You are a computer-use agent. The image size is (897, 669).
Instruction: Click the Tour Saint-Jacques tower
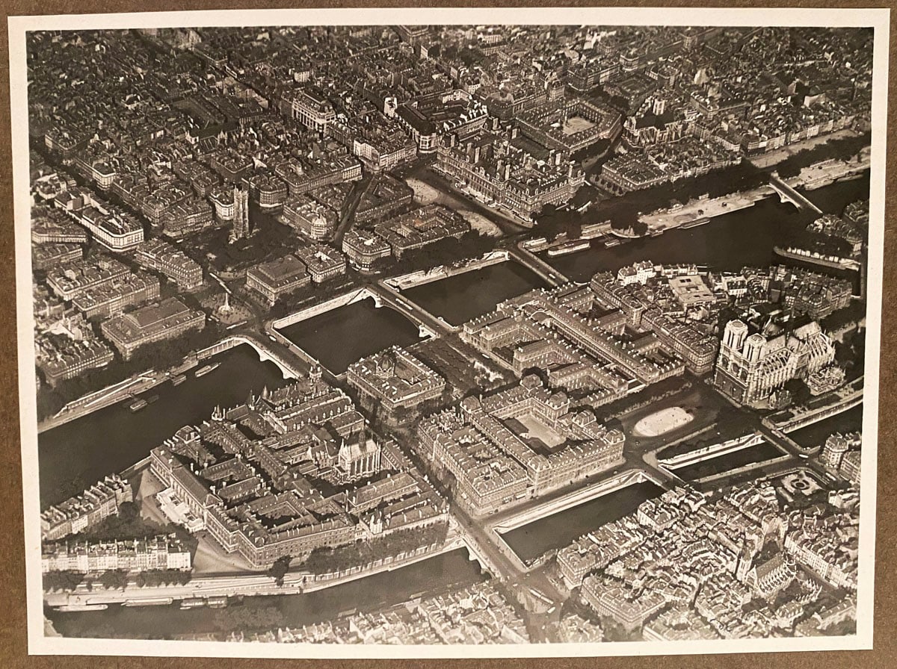[x=240, y=212]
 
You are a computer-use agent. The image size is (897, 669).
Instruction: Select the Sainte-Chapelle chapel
[x=358, y=455]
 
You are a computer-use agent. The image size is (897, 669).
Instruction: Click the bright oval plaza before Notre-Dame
[x=663, y=421]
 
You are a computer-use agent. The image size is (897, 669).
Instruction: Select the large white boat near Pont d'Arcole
[x=568, y=247]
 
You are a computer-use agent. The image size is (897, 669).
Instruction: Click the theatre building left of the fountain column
[x=153, y=325]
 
